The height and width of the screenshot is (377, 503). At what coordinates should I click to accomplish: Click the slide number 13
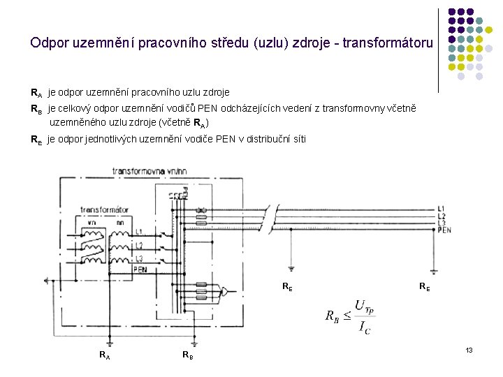[x=469, y=348]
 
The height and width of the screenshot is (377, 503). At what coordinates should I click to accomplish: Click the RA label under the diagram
[x=104, y=355]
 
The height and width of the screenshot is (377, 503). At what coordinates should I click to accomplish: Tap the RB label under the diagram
[x=187, y=355]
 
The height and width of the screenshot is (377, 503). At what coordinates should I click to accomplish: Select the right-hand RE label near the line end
[x=425, y=286]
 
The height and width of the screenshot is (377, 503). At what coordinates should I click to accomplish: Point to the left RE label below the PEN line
[x=287, y=286]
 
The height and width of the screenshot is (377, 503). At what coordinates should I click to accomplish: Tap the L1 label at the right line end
[x=441, y=209]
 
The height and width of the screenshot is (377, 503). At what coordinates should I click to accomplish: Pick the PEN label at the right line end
[x=444, y=229]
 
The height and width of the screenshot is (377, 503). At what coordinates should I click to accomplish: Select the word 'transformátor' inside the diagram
[x=104, y=209]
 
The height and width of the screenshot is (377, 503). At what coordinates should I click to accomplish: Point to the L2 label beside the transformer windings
[x=140, y=245]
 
